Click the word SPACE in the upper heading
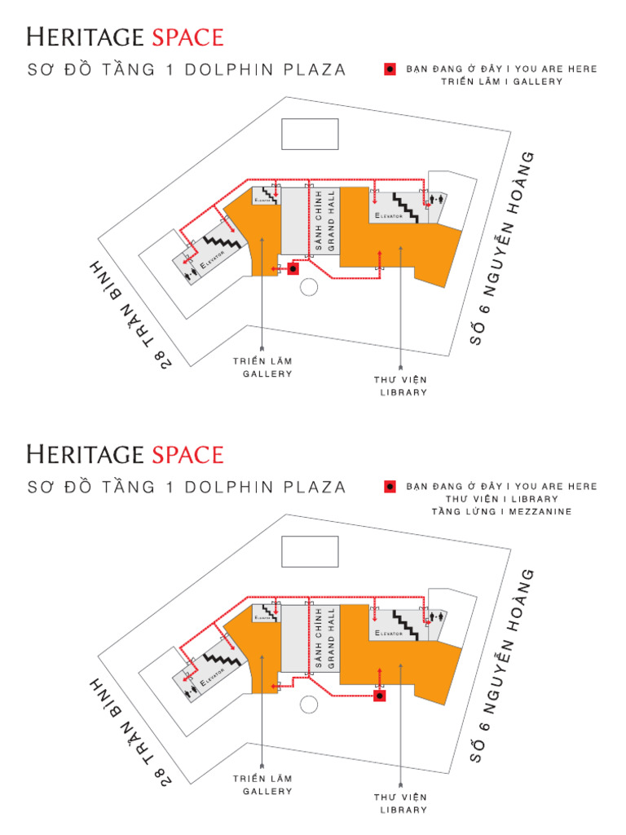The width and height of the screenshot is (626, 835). (186, 37)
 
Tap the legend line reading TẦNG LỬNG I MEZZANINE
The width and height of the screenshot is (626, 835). (503, 511)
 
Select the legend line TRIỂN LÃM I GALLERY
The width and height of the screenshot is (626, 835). (502, 82)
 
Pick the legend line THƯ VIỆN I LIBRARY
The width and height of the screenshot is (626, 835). (502, 498)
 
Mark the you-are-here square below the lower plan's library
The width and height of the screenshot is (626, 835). (380, 696)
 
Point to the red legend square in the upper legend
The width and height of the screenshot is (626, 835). (390, 69)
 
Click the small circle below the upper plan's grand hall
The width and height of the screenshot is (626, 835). (308, 286)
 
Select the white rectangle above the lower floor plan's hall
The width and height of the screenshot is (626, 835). (310, 551)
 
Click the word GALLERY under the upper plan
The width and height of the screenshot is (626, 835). (267, 373)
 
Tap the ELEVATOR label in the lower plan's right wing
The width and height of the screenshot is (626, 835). (389, 633)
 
